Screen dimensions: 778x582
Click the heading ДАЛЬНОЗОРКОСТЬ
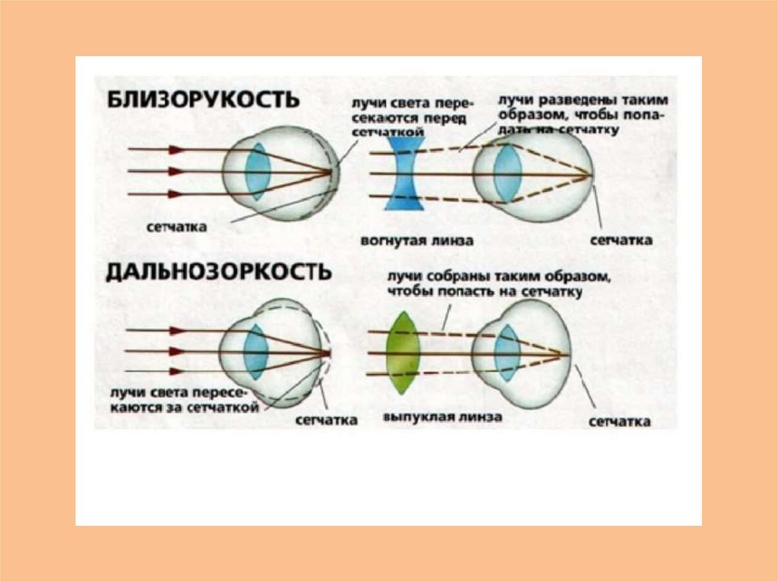[218, 272]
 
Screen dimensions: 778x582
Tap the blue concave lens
[400, 173]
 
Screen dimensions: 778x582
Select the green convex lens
[403, 353]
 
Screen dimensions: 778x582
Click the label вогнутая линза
[418, 241]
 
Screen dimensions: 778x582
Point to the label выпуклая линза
[420, 419]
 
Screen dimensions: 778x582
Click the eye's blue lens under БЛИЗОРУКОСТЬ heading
[258, 171]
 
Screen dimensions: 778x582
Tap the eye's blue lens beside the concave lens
[504, 173]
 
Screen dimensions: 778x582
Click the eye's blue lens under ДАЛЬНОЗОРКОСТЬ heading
[255, 351]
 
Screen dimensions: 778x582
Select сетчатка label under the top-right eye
[621, 241]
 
